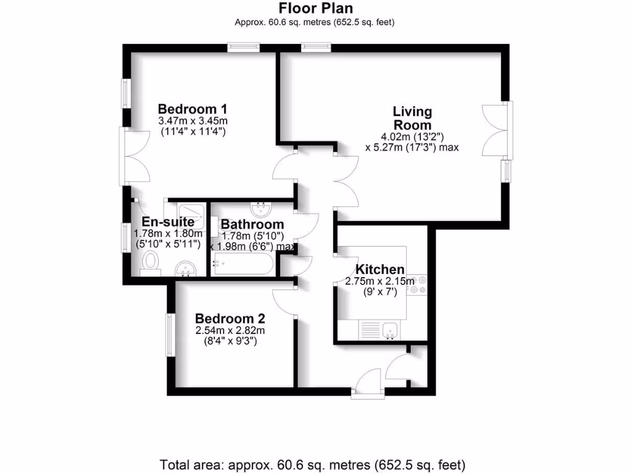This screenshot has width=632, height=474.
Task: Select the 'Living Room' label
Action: [412, 118]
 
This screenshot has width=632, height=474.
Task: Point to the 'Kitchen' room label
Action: [380, 270]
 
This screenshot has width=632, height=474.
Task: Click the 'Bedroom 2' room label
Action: [230, 318]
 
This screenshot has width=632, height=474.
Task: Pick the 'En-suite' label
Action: [168, 222]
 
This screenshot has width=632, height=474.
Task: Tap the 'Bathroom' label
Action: [252, 224]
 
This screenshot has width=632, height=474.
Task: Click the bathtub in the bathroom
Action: [242, 266]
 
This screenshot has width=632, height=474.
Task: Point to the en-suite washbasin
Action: [185, 268]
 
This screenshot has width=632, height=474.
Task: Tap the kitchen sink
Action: [390, 331]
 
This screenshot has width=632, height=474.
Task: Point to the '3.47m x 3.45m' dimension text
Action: [193, 120]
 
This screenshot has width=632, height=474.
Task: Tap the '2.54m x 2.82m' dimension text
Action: [230, 330]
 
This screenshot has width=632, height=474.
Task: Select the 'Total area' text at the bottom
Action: [312, 464]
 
